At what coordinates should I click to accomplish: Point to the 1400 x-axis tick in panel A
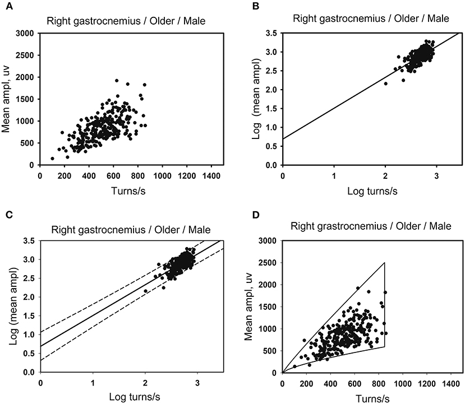pyautogui.click(x=211, y=175)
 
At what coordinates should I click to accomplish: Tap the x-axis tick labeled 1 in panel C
pyautogui.click(x=93, y=383)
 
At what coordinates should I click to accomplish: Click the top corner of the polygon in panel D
pyautogui.click(x=384, y=262)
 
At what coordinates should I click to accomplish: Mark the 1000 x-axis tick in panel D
pyautogui.click(x=402, y=383)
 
